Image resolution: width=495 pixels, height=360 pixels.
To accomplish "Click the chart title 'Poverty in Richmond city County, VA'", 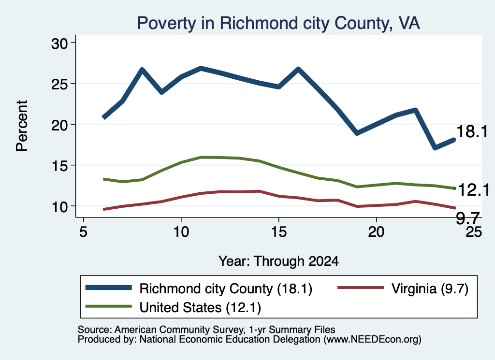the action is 278,23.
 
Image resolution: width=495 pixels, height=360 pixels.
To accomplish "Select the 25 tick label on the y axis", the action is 59,84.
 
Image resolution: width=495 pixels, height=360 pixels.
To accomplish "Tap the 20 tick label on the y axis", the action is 59,125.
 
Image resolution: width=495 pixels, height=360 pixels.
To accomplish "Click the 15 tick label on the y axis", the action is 59,166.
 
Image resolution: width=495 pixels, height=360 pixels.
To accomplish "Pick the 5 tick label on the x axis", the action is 83,232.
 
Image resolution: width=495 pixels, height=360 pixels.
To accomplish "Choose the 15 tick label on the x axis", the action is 278,232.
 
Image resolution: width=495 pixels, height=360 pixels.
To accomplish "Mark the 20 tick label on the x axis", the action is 376,232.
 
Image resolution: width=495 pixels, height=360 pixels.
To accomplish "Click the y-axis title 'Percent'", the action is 22,126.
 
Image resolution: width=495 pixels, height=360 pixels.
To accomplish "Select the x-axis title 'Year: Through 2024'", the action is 278,261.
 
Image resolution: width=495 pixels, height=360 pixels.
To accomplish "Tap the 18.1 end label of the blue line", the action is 472,131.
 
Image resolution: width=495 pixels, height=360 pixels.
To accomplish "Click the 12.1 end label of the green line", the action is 474,190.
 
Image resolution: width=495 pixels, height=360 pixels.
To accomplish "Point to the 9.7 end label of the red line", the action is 468,218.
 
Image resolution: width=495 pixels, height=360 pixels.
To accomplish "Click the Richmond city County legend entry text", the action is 226,288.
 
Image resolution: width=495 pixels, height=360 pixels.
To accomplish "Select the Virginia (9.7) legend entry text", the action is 430,288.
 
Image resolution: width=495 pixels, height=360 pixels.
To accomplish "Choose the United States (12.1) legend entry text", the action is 200,308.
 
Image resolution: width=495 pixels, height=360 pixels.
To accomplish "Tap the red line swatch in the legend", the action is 361,288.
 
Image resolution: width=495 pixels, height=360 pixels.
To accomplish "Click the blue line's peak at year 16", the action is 298,69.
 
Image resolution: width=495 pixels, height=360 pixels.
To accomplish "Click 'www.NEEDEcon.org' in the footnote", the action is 372,340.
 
